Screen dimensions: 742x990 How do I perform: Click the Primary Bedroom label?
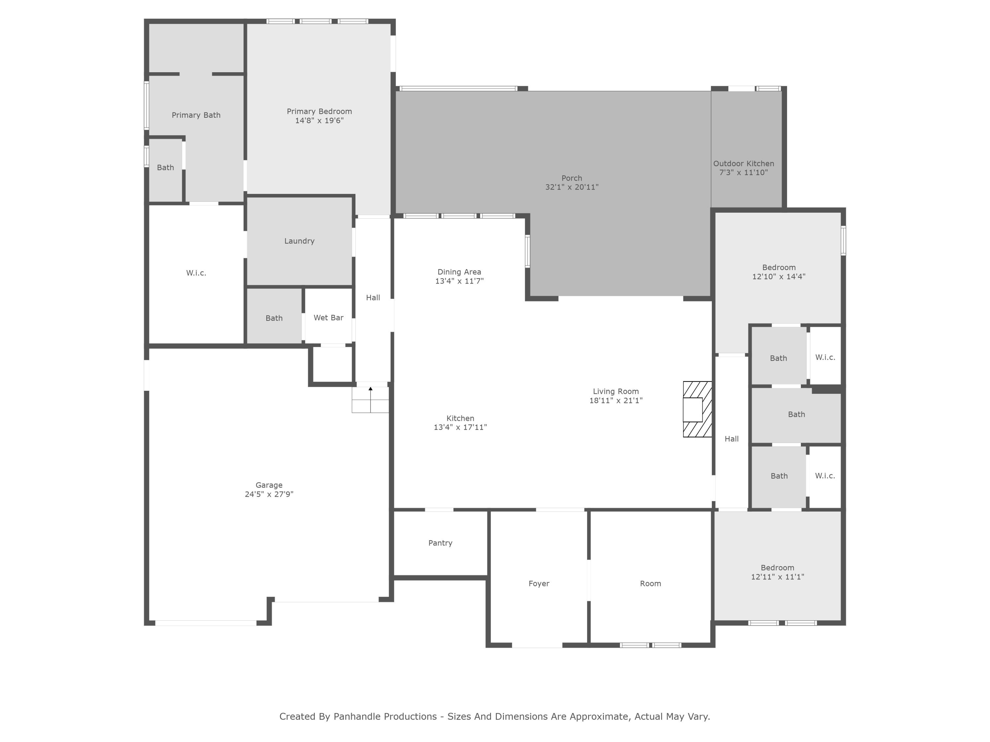tap(319, 111)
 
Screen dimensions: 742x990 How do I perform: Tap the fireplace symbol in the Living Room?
tap(697, 409)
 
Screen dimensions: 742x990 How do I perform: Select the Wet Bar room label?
tap(328, 318)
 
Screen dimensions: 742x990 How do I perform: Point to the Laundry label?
tap(299, 241)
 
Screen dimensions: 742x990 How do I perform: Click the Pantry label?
tap(441, 543)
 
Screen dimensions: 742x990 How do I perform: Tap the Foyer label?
tap(539, 584)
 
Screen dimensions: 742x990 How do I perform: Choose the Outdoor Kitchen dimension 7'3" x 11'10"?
tap(743, 173)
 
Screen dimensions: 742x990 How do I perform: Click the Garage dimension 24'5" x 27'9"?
tap(269, 494)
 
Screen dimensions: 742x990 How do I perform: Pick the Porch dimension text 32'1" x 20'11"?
tap(572, 187)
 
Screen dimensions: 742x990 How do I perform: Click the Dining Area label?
tap(459, 272)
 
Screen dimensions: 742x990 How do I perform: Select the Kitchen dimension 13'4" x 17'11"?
tap(460, 427)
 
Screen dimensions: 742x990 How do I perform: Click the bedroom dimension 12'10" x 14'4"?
tap(779, 276)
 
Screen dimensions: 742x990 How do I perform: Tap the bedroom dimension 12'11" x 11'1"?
tap(777, 577)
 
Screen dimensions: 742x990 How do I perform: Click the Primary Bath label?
tap(196, 115)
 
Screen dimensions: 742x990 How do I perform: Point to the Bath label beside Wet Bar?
tap(274, 318)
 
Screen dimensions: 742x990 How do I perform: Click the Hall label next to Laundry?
tap(373, 297)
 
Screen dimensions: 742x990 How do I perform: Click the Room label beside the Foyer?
tap(650, 584)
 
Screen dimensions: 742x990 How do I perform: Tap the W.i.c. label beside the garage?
tap(196, 273)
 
